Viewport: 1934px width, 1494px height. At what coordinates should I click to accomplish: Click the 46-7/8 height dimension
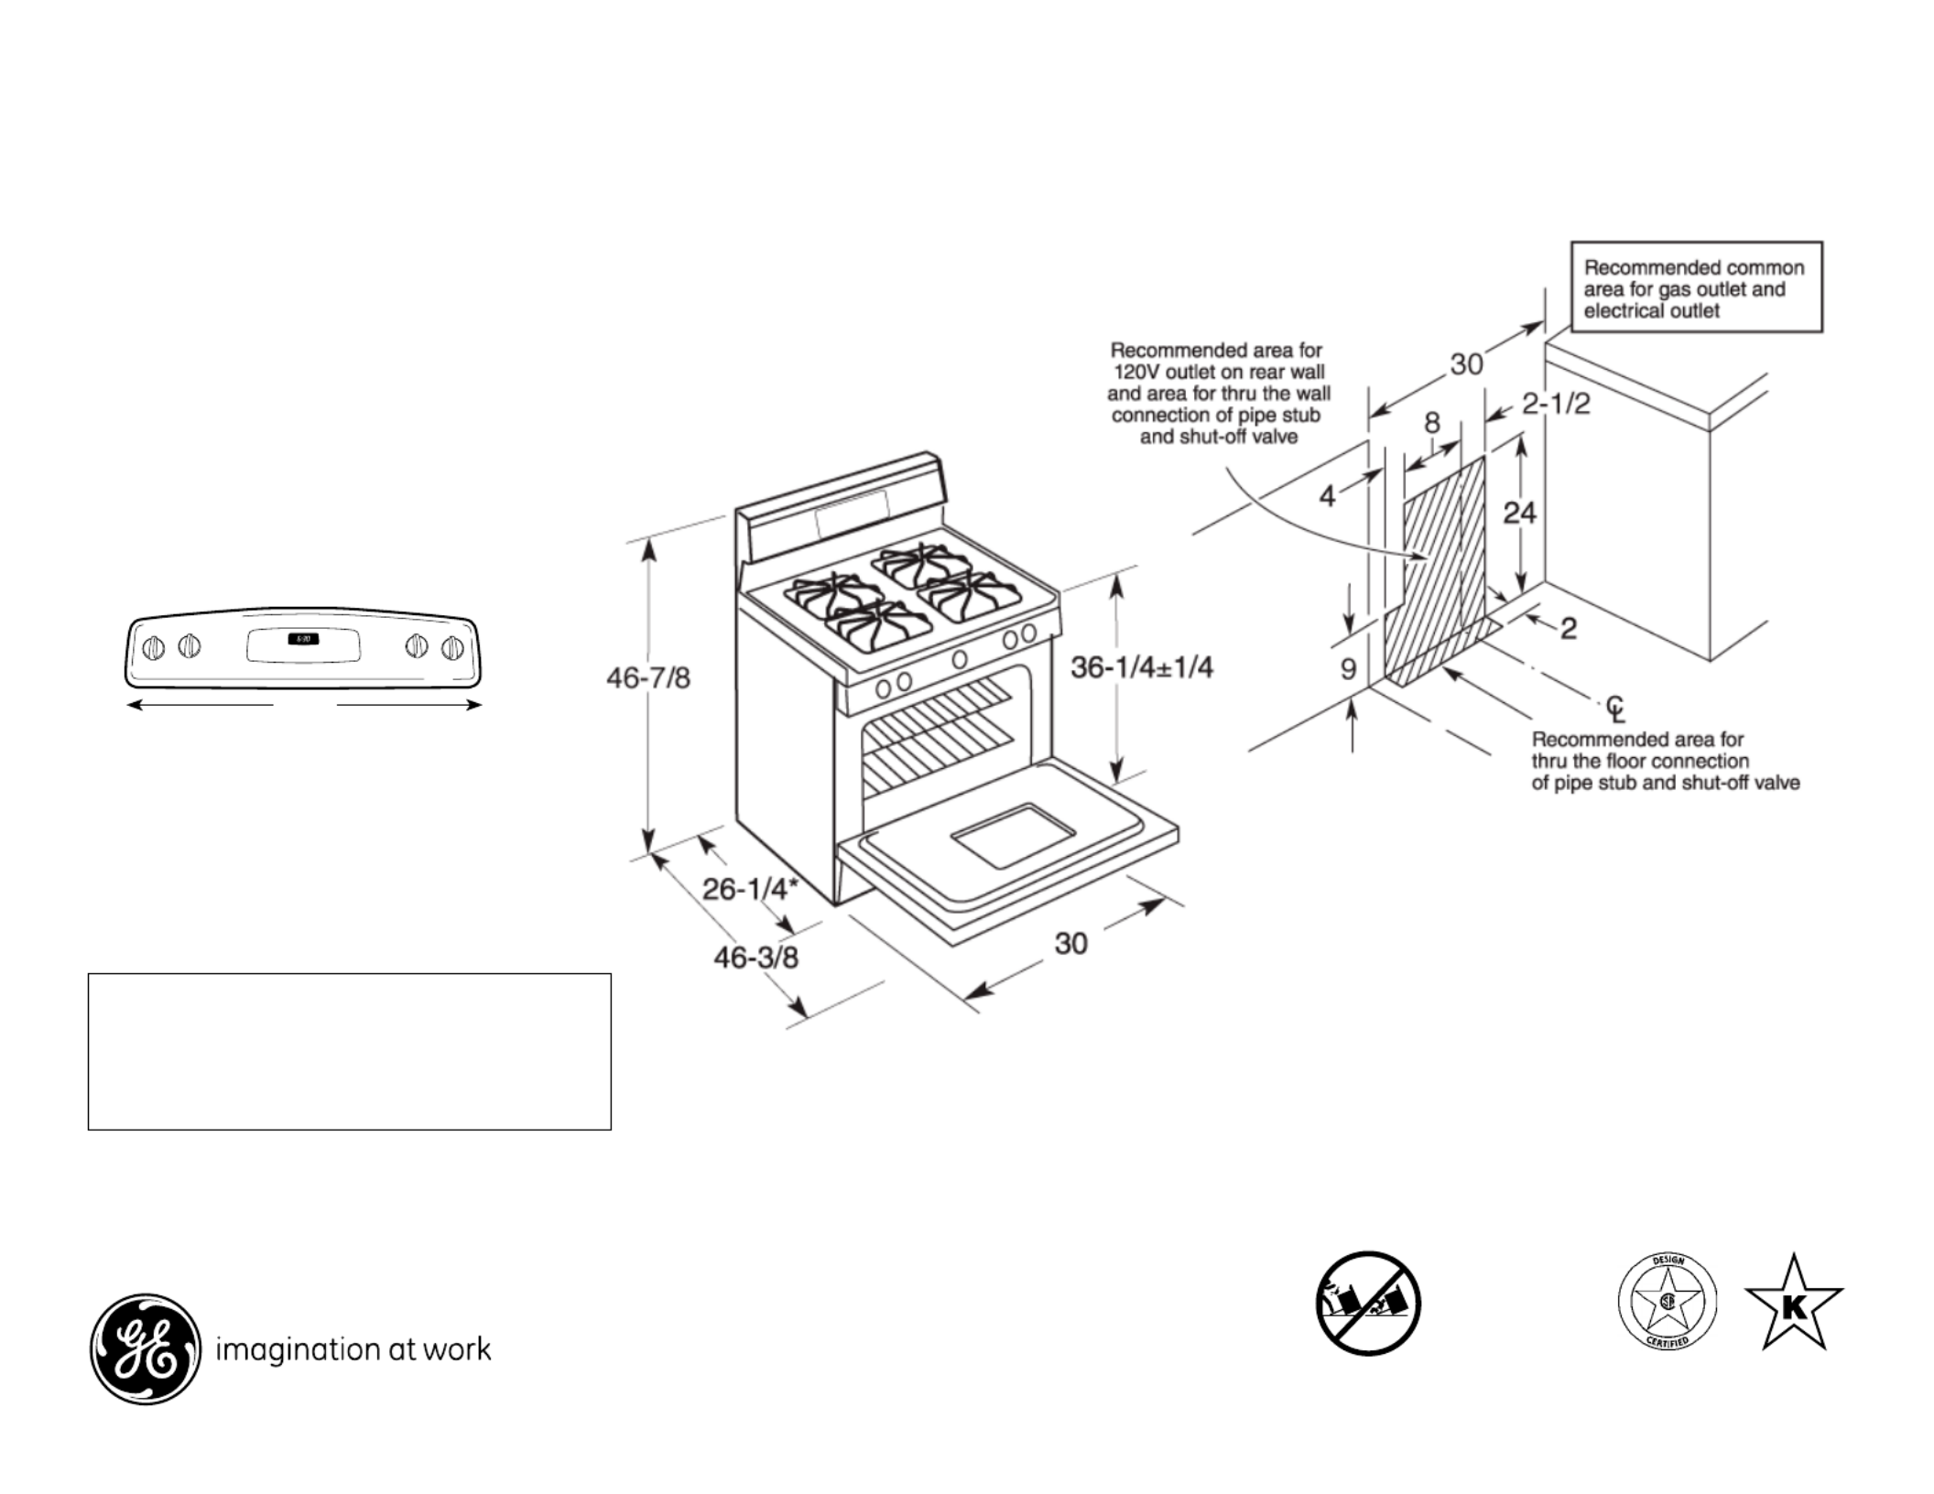(x=648, y=678)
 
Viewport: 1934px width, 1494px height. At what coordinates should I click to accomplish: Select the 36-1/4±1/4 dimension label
(x=1141, y=667)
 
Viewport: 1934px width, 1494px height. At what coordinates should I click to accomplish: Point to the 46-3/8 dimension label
(x=755, y=958)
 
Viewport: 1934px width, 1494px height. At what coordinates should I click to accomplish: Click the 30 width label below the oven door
(x=1070, y=943)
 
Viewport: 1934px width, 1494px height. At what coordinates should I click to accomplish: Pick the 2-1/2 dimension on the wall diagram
(x=1556, y=404)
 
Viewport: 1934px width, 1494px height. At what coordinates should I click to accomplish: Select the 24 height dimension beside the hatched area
(x=1519, y=513)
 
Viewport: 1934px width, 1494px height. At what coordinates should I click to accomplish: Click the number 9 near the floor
(x=1348, y=669)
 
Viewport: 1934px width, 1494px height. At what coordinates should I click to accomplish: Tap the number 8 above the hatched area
(x=1432, y=423)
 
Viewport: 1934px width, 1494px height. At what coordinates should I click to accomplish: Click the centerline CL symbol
(x=1615, y=708)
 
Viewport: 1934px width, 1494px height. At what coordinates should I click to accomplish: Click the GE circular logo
(x=145, y=1348)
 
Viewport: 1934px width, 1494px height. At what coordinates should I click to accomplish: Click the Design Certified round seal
(x=1668, y=1301)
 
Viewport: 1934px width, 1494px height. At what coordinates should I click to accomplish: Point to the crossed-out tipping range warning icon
(x=1368, y=1304)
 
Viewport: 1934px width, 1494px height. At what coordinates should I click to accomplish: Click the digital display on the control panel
(x=303, y=639)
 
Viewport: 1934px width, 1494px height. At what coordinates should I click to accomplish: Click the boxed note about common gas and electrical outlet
(x=1696, y=287)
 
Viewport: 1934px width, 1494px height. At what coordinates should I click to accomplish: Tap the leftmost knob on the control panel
(x=154, y=648)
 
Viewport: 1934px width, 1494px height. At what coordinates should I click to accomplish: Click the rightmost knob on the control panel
(x=451, y=648)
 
